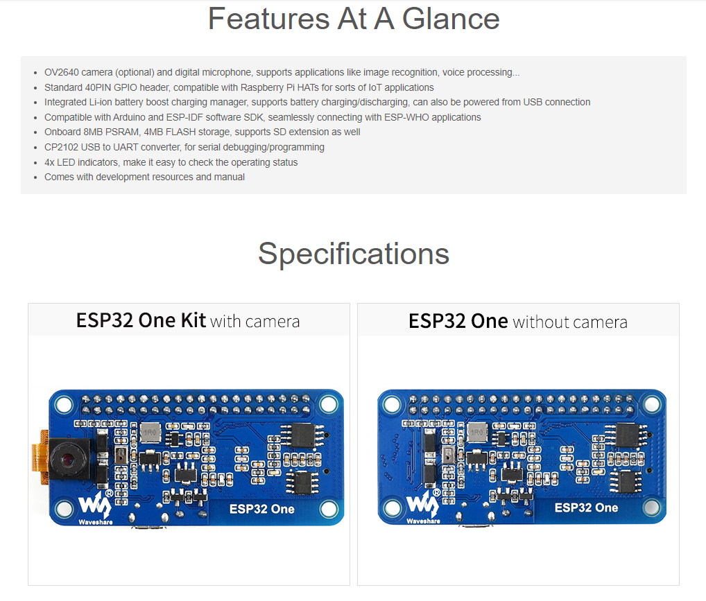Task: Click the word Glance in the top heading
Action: pos(450,19)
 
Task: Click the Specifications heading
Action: pos(354,254)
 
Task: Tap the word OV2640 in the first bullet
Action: pos(62,73)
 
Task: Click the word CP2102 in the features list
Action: pos(61,147)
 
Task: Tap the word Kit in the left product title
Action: pos(193,320)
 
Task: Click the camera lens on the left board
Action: pos(67,459)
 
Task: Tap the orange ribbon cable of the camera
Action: pos(39,457)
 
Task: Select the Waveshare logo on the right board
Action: pos(423,505)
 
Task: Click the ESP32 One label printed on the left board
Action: pos(261,509)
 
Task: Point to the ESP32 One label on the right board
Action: pos(586,508)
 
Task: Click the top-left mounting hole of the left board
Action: pos(64,404)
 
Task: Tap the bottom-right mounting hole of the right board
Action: pos(651,507)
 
